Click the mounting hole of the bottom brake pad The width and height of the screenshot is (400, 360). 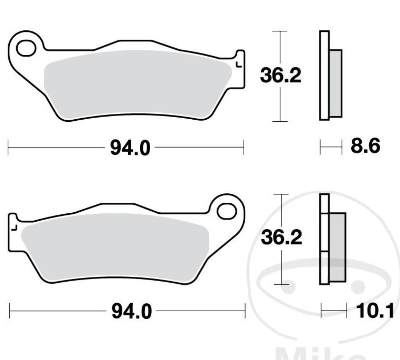[227, 211]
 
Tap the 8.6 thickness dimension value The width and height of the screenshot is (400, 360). [365, 146]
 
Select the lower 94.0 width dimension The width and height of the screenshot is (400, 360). [131, 312]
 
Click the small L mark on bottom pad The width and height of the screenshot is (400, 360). [14, 228]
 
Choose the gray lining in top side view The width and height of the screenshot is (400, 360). [335, 83]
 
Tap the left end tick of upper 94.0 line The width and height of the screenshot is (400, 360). [8, 148]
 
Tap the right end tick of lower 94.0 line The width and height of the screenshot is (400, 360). [245, 311]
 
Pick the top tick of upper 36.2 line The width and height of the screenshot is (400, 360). [279, 31]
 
